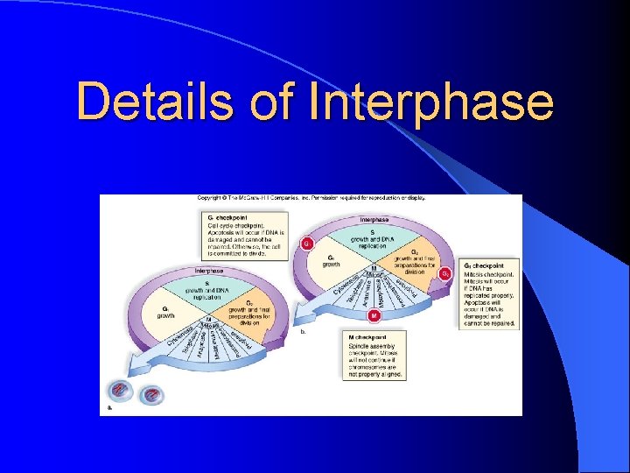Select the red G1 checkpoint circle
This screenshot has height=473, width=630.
pos(307,243)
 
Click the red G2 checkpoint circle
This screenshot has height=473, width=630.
pos(446,274)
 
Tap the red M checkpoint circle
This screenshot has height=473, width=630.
pos(374,314)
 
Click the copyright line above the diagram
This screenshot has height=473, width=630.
pos(311,199)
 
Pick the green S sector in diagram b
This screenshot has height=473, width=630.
pos(375,237)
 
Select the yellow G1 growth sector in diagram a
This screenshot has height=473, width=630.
pos(165,311)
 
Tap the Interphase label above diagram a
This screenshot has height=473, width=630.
pos(210,271)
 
